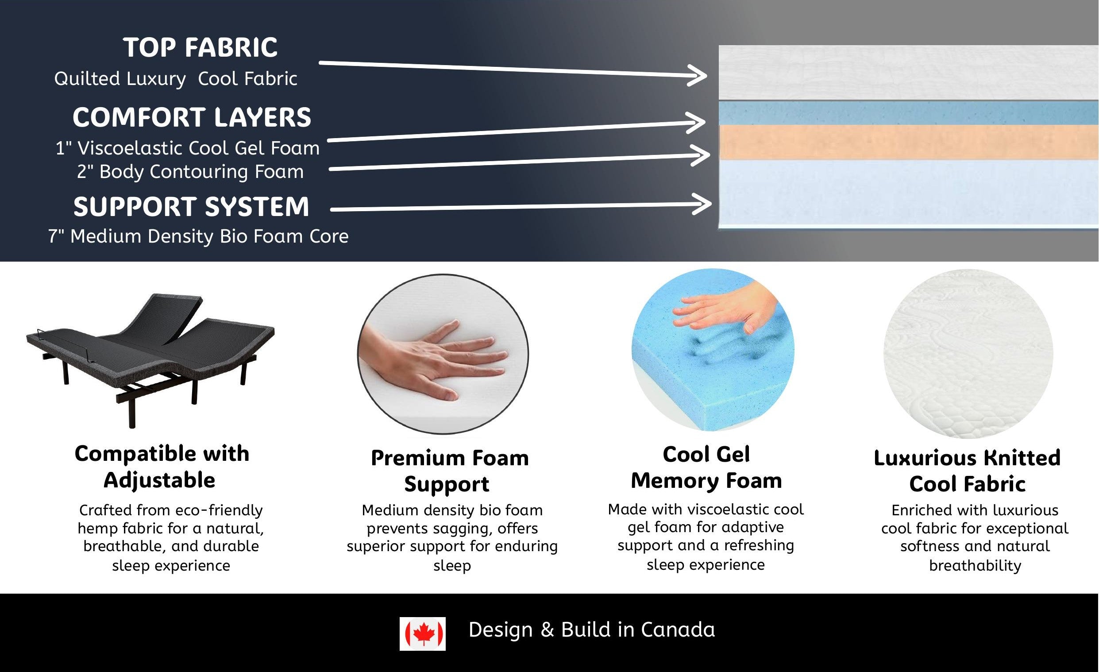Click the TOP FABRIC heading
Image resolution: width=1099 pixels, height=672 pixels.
[200, 47]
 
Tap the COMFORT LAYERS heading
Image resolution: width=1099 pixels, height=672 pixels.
[192, 117]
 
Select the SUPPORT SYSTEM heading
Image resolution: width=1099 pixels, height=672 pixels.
[191, 207]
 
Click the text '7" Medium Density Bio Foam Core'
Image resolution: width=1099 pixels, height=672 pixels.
[198, 236]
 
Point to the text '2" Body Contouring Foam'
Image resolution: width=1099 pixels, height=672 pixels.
[190, 172]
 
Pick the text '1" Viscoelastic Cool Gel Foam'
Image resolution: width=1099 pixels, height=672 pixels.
[187, 148]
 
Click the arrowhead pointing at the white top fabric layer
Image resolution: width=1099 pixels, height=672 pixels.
[697, 75]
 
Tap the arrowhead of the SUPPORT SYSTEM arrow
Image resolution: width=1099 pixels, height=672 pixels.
[701, 204]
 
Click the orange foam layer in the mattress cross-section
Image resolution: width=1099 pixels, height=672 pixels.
[909, 143]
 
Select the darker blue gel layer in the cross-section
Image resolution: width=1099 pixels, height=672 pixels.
[909, 113]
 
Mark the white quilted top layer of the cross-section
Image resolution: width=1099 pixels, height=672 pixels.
[909, 72]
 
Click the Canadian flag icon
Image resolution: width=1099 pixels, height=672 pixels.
[422, 633]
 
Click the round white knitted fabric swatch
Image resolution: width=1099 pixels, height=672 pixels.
[968, 354]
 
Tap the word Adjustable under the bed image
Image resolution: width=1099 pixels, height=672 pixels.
[160, 481]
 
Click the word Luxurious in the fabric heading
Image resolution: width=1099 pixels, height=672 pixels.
[930, 458]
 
